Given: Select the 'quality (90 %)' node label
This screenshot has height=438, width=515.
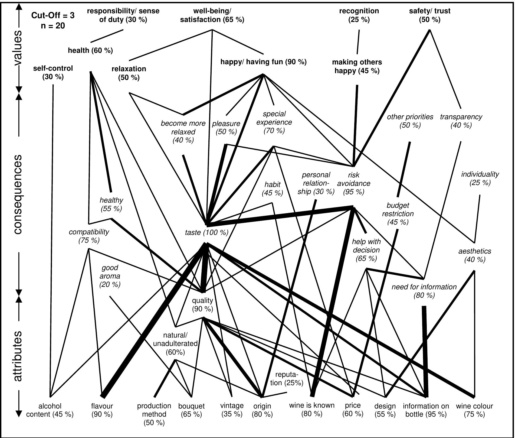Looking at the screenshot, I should pyautogui.click(x=202, y=304).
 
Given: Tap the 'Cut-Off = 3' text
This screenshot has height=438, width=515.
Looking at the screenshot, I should pyautogui.click(x=53, y=15).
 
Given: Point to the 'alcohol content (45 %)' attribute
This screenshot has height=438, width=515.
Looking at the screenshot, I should pyautogui.click(x=50, y=410).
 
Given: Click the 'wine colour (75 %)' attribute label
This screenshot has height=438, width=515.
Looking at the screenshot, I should pyautogui.click(x=474, y=410).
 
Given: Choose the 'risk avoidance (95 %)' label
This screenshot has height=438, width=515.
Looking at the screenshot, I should pyautogui.click(x=354, y=183).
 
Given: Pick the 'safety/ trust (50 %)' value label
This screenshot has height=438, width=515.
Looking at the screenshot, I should pyautogui.click(x=430, y=15).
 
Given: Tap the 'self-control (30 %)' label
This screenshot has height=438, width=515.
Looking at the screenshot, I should pyautogui.click(x=53, y=72).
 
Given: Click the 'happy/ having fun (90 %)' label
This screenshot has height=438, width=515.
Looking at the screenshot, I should pyautogui.click(x=263, y=62).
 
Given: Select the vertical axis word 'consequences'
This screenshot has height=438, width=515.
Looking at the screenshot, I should pyautogui.click(x=18, y=194).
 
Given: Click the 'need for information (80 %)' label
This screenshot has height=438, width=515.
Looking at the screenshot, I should pyautogui.click(x=424, y=291).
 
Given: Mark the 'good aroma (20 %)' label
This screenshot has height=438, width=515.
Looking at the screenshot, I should pyautogui.click(x=110, y=276).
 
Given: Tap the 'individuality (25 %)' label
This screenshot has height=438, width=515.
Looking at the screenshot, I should pyautogui.click(x=480, y=178).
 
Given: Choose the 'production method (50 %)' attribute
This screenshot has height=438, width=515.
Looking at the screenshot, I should pyautogui.click(x=154, y=414).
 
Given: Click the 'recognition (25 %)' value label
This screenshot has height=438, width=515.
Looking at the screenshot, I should pyautogui.click(x=359, y=15).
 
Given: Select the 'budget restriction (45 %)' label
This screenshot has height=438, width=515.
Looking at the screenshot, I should pyautogui.click(x=398, y=213).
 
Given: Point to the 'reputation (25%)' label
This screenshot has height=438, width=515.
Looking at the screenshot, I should pyautogui.click(x=287, y=379).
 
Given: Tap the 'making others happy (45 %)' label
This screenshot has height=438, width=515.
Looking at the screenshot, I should pyautogui.click(x=357, y=66).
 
